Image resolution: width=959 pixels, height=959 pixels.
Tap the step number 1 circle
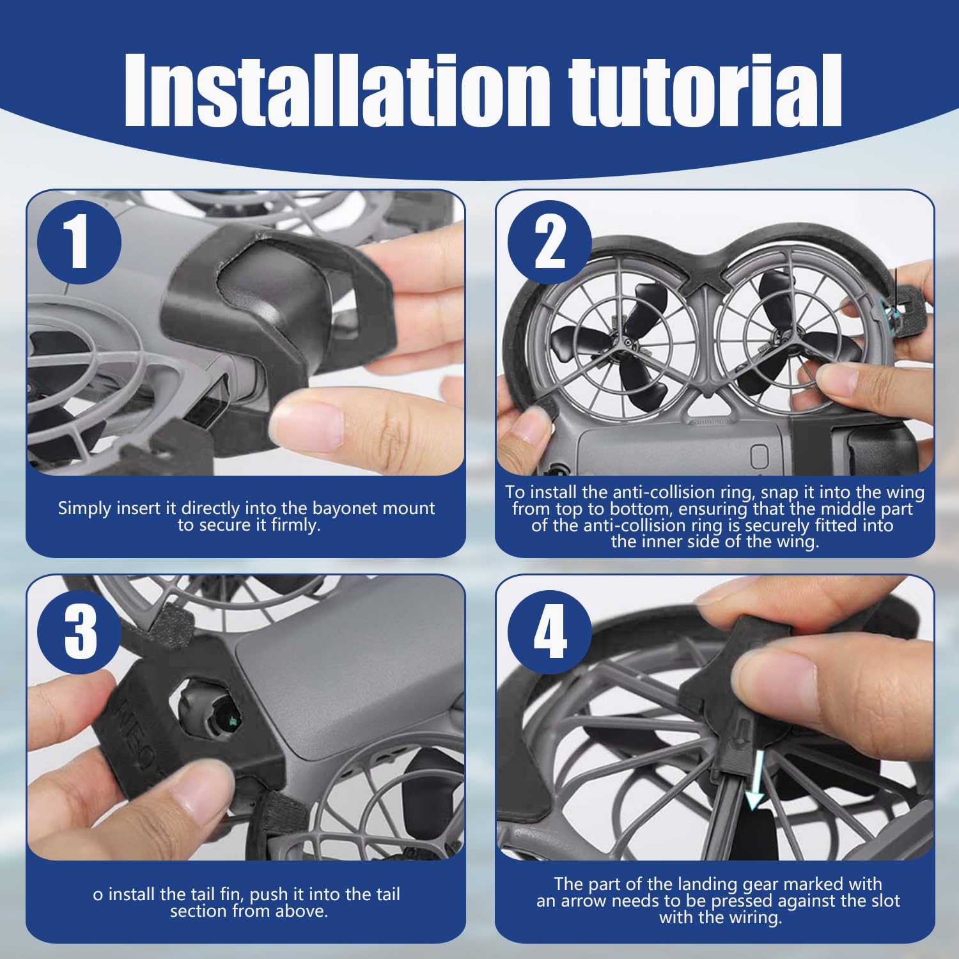79,242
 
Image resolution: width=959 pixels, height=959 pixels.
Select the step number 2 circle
550,242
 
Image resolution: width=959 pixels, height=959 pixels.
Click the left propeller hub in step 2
630,344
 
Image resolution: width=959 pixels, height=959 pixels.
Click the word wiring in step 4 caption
756,918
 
